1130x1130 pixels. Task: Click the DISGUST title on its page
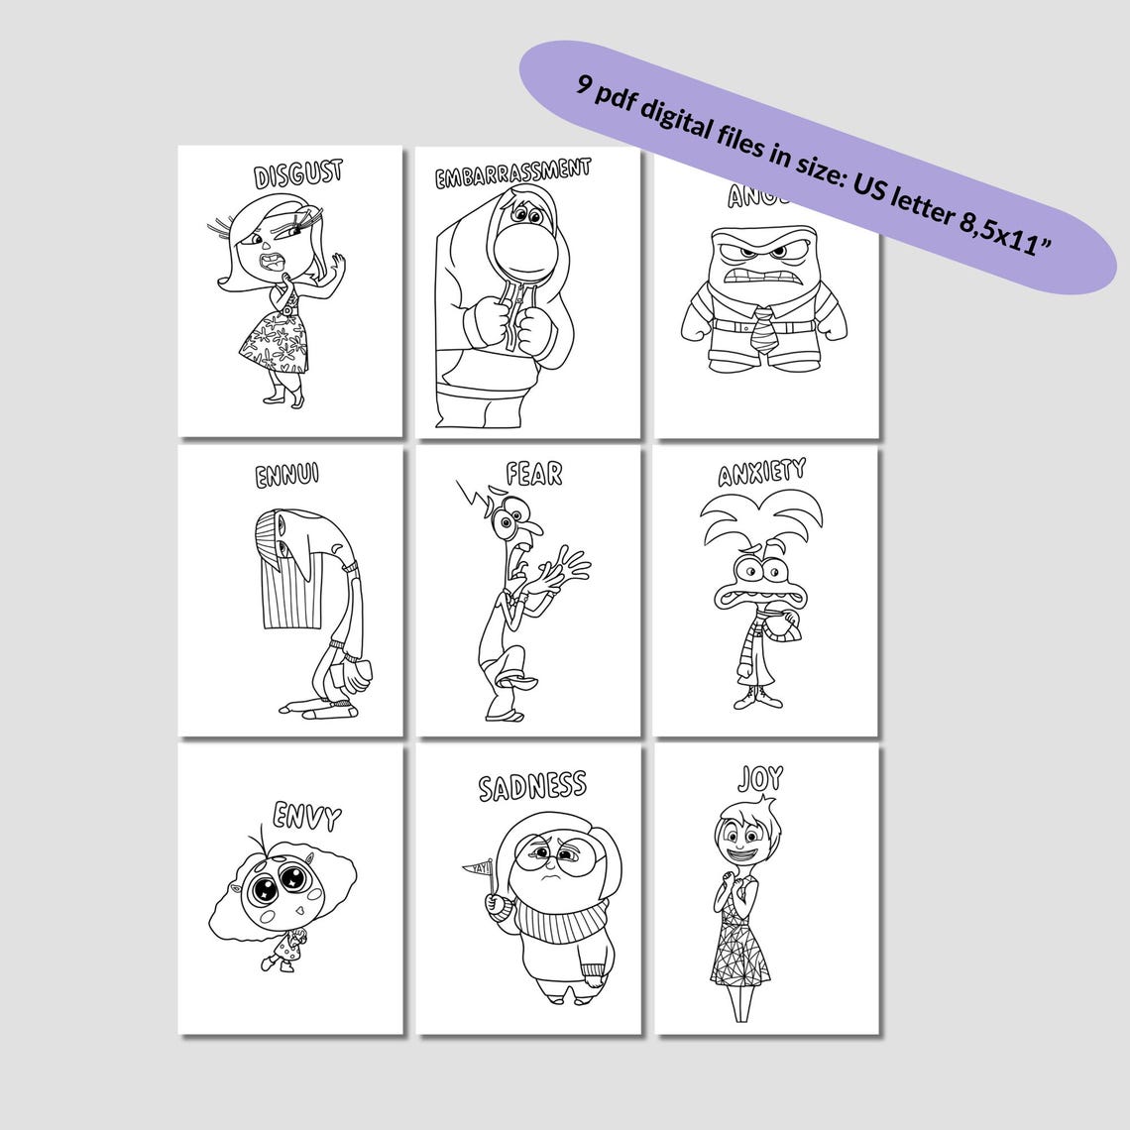point(298,174)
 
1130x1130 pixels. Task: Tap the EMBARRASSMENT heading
point(512,173)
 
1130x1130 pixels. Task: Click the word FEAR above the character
point(533,475)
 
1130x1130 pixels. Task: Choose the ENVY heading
point(307,817)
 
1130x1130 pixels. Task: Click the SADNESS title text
point(532,787)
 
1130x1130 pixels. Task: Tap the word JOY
point(760,779)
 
